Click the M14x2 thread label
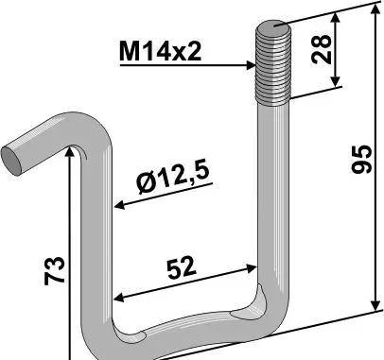160,52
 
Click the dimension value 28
322,50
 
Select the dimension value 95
362,159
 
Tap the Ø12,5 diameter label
173,178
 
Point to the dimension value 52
182,267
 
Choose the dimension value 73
55,271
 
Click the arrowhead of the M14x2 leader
251,66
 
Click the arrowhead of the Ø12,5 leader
119,206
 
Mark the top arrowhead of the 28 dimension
336,18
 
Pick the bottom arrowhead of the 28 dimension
336,81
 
